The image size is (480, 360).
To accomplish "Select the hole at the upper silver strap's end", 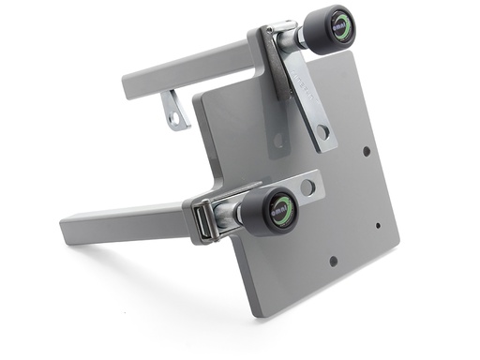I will pyautogui.click(x=322, y=132).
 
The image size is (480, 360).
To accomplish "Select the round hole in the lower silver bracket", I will pyautogui.click(x=306, y=187).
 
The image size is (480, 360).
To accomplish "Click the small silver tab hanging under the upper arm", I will pyautogui.click(x=174, y=109).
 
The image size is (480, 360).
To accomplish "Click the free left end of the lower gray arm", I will pyautogui.click(x=67, y=227).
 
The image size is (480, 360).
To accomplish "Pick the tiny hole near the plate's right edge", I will pyautogui.click(x=377, y=225).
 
